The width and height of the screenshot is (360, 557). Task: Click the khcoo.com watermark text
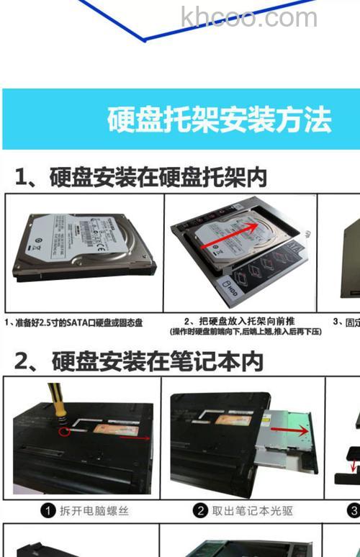coord(248,17)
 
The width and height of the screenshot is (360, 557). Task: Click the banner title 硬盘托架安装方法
coord(219,119)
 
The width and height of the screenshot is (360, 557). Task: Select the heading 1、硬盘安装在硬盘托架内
coord(140,176)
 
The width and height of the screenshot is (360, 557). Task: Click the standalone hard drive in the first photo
coord(83,245)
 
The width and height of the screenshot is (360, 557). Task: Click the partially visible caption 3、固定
coord(346,322)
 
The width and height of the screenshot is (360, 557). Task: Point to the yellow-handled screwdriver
coord(55,402)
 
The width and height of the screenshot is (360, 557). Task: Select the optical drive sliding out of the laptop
coord(288,439)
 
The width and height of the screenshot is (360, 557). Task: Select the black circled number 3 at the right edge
coord(354,511)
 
